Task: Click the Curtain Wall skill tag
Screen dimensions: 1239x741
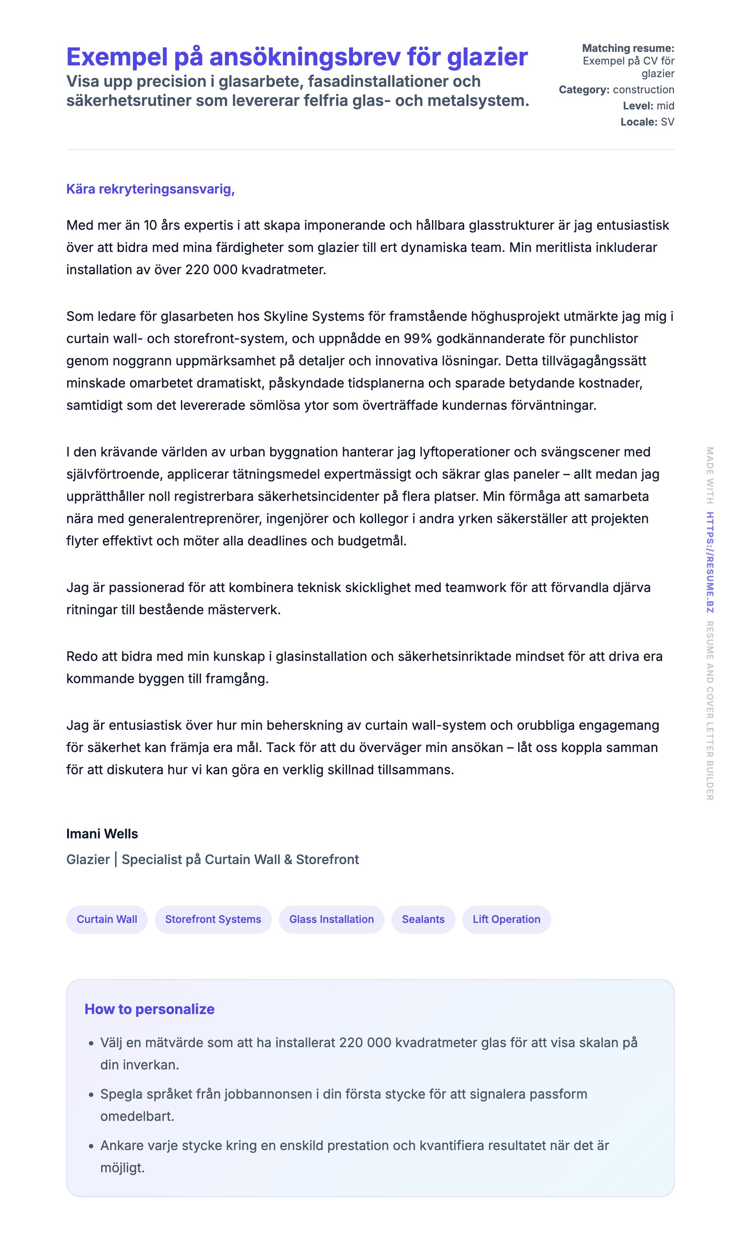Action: [x=107, y=919]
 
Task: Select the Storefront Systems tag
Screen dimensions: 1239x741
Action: [x=213, y=919]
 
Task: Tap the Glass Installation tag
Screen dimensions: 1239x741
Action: [x=332, y=919]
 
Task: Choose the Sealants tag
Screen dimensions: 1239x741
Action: [x=423, y=919]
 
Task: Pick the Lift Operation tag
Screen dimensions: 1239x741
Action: [x=506, y=919]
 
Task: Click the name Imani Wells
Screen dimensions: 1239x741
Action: [x=102, y=834]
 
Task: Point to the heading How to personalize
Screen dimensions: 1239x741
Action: [x=150, y=1009]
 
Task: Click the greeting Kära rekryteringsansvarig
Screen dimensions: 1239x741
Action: [x=150, y=189]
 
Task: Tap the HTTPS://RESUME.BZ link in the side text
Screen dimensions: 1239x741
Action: [x=710, y=562]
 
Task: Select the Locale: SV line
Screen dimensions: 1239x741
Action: [x=647, y=122]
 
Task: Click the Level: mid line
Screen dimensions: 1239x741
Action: [x=648, y=106]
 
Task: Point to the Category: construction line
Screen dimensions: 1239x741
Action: [x=616, y=90]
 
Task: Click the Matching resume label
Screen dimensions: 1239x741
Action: [x=628, y=48]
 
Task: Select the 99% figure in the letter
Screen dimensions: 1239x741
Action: [x=418, y=339]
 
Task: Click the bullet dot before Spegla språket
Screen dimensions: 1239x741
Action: [x=91, y=1095]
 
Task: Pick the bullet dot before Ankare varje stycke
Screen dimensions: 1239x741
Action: [x=91, y=1146]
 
